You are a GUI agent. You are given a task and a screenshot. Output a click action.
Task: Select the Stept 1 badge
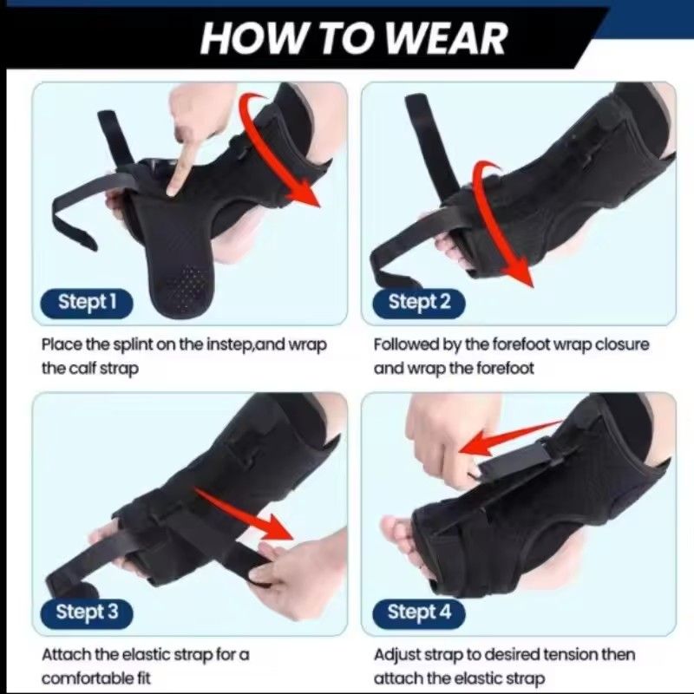pos(87,302)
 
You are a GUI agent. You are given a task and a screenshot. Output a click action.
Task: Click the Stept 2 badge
pos(419,302)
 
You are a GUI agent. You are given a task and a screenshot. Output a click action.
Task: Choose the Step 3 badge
pos(87,612)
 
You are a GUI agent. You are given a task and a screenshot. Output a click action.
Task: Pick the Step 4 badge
pos(419,612)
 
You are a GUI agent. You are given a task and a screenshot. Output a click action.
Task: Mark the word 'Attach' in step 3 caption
pos(65,654)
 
